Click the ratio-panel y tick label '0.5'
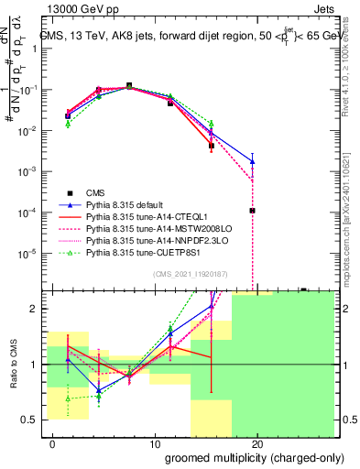coord(30,419)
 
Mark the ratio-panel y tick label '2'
coord(34,309)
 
